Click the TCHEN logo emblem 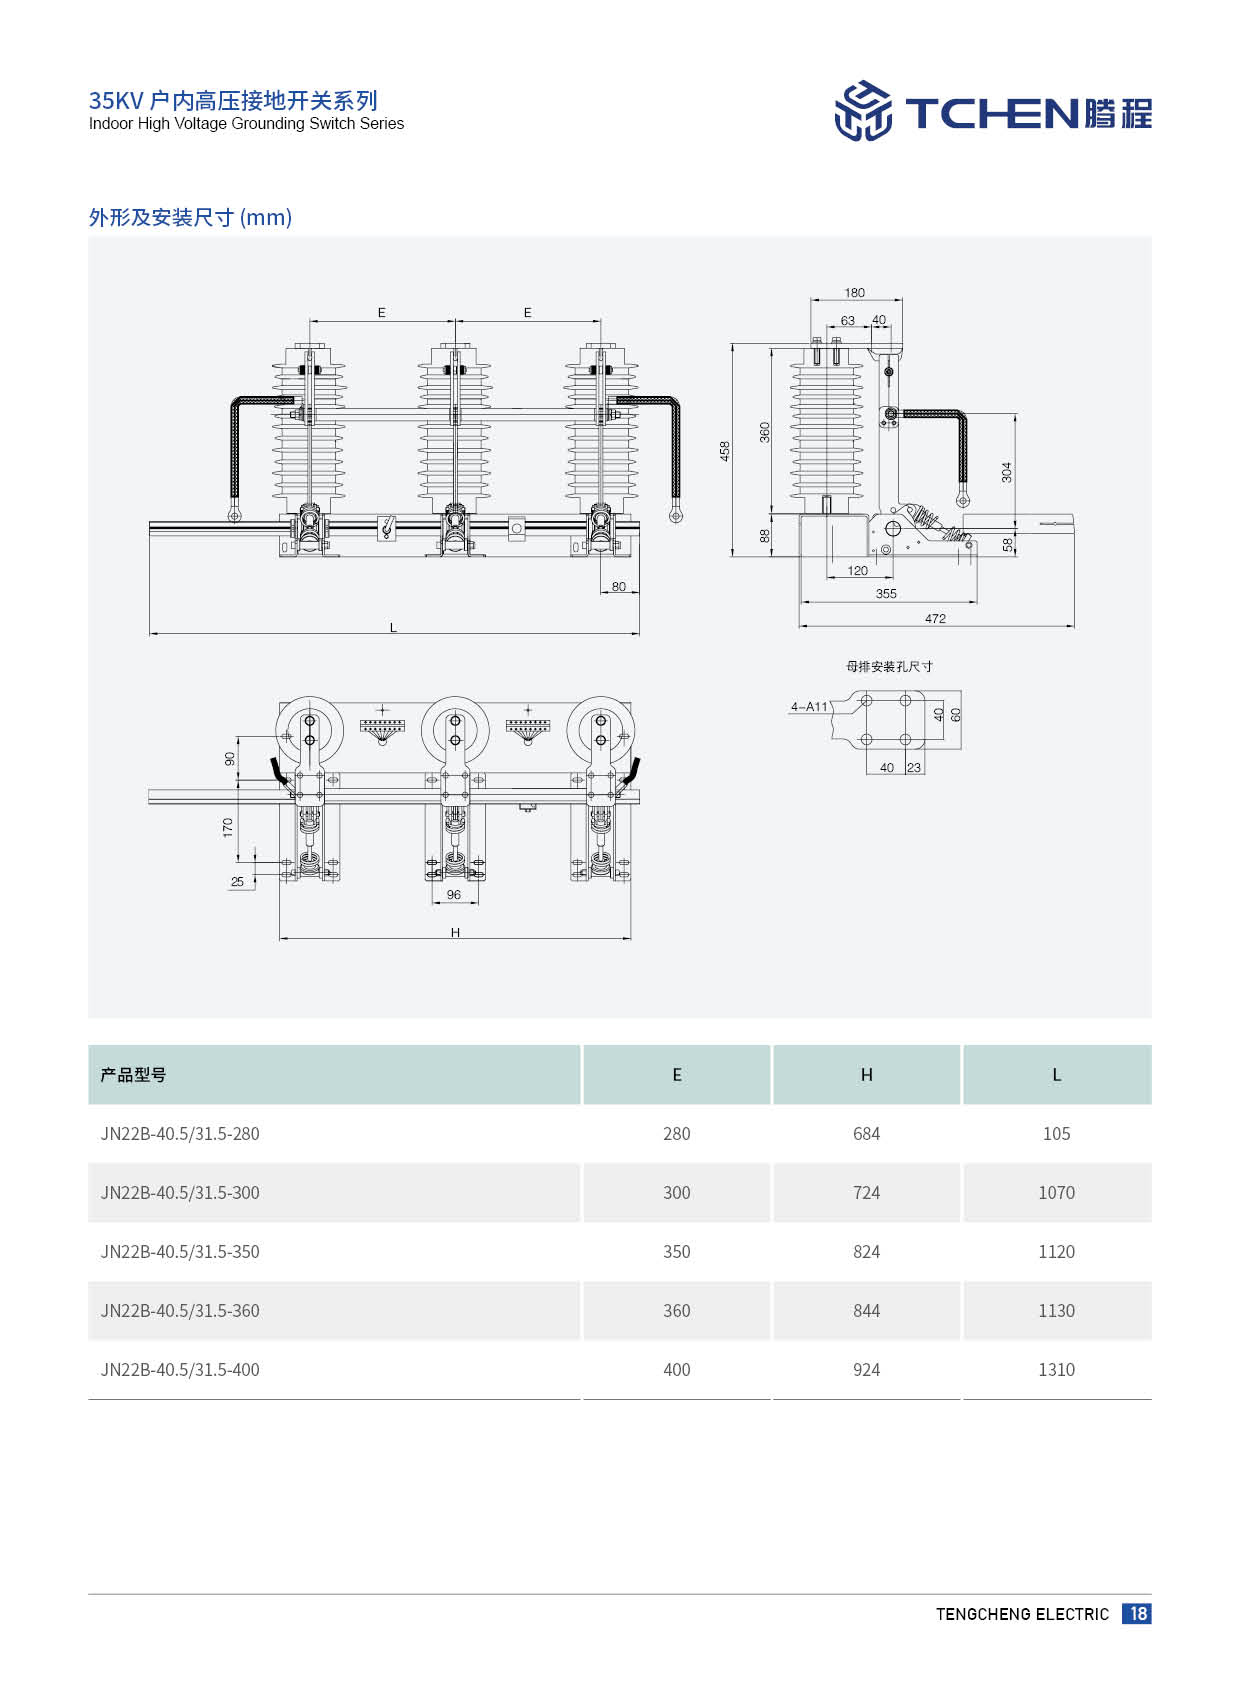(x=862, y=111)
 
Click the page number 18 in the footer (x=1137, y=1613)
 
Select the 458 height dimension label (x=725, y=451)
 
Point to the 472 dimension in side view (x=935, y=619)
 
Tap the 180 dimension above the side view (x=854, y=293)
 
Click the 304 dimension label (x=1007, y=472)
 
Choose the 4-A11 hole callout (x=809, y=707)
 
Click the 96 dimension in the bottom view (x=454, y=895)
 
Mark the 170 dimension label (x=228, y=827)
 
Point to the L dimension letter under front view (x=393, y=628)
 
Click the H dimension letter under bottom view (x=455, y=933)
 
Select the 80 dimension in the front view (x=619, y=587)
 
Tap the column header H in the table (x=866, y=1075)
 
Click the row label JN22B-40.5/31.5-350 (x=180, y=1252)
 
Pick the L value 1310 (x=1056, y=1370)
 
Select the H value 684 (x=866, y=1134)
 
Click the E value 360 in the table (x=676, y=1311)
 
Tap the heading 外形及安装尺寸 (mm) (x=190, y=217)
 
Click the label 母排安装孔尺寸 (x=889, y=666)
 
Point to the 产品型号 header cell (x=133, y=1075)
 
